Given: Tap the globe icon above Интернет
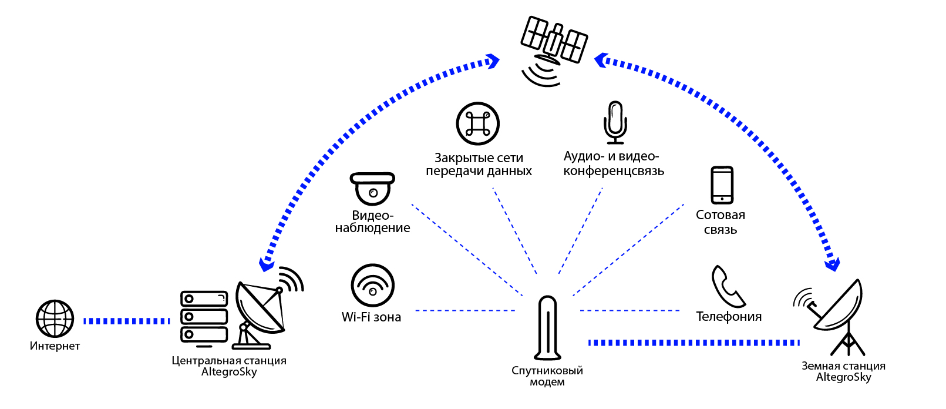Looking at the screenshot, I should click(x=55, y=319).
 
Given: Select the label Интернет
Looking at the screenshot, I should click(x=55, y=346).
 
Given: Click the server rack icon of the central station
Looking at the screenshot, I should click(x=204, y=317).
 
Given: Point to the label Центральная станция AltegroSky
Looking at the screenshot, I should click(x=229, y=366).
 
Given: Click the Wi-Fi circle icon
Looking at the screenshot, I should click(x=372, y=285).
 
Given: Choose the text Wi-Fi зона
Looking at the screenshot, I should click(x=371, y=317).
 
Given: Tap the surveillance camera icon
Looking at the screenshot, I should click(x=372, y=187).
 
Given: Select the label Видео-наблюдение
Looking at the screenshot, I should click(x=372, y=222).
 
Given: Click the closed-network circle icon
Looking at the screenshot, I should click(x=477, y=123).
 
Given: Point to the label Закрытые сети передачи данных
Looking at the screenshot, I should click(x=479, y=165).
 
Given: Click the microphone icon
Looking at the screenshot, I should click(x=615, y=122).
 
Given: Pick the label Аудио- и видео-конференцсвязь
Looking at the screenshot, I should click(x=613, y=163).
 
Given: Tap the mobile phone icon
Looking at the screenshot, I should click(x=722, y=185).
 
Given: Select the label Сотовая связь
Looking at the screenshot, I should click(x=721, y=222).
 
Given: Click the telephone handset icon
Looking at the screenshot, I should click(x=728, y=286).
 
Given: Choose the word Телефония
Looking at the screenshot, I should click(x=729, y=317).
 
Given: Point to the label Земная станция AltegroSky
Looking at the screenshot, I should click(x=843, y=371).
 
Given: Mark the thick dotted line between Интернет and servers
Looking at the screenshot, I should click(x=126, y=321).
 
